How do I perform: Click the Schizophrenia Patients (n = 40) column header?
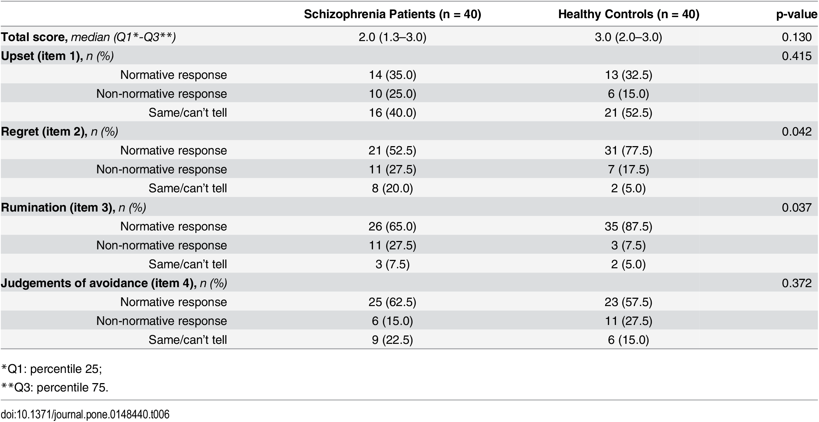tap(392, 14)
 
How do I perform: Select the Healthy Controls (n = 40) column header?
tap(629, 14)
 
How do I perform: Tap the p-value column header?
tap(797, 15)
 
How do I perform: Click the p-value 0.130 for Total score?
tap(797, 37)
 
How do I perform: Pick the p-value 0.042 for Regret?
tap(797, 132)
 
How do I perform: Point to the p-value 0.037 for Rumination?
tap(797, 208)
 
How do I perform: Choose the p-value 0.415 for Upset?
tap(797, 56)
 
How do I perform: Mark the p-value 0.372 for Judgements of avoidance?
tap(797, 283)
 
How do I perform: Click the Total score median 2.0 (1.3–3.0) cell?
tap(392, 37)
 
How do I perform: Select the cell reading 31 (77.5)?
tap(628, 150)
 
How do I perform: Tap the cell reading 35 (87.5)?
tap(628, 226)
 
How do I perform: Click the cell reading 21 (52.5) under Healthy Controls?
tap(628, 113)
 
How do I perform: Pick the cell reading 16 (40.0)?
tap(392, 113)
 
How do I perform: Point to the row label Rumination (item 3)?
tap(73, 208)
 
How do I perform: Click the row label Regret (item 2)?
tap(60, 132)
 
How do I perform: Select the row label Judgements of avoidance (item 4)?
tap(114, 283)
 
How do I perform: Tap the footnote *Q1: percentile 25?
tap(52, 369)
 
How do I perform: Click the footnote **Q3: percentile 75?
tap(55, 388)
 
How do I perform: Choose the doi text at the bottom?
tap(85, 414)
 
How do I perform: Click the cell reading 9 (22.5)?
tap(392, 340)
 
